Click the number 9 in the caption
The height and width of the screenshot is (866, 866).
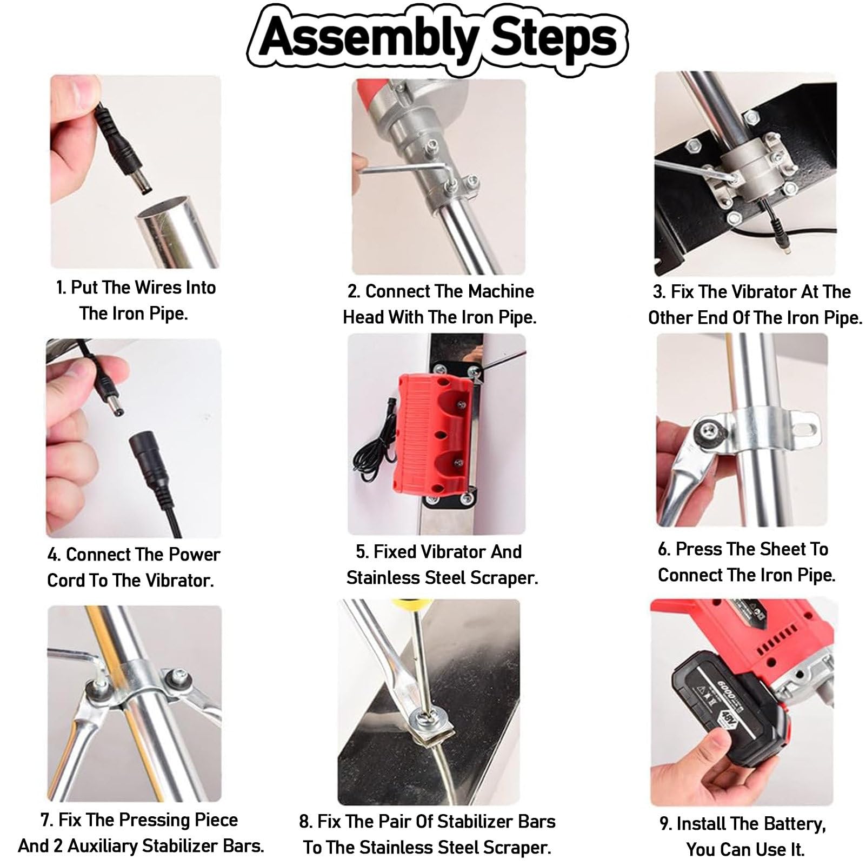coord(664,824)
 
